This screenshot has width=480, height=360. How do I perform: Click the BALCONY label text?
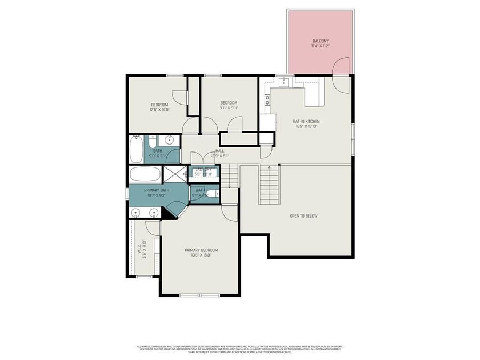pyautogui.click(x=320, y=41)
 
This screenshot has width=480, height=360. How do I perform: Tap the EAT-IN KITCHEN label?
pyautogui.click(x=307, y=121)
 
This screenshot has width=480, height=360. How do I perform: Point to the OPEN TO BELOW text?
pyautogui.click(x=303, y=216)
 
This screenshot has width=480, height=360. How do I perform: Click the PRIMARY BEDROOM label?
pyautogui.click(x=201, y=250)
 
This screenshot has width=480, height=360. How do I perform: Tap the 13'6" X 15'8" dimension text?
pyautogui.click(x=201, y=255)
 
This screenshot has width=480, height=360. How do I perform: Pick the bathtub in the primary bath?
pyautogui.click(x=144, y=174)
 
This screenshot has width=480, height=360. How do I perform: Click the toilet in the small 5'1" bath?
pyautogui.click(x=212, y=194)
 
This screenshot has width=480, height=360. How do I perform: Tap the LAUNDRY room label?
pyautogui.click(x=203, y=169)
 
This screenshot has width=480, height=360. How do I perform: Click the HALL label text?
pyautogui.click(x=220, y=151)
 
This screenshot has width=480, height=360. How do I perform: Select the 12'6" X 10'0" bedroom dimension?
pyautogui.click(x=159, y=110)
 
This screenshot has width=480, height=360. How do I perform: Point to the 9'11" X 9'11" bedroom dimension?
pyautogui.click(x=229, y=108)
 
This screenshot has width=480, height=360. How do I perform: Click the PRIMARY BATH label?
pyautogui.click(x=156, y=190)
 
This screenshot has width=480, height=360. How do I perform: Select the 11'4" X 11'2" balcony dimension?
pyautogui.click(x=320, y=46)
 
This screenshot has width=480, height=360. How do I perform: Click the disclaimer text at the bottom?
pyautogui.click(x=240, y=349)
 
